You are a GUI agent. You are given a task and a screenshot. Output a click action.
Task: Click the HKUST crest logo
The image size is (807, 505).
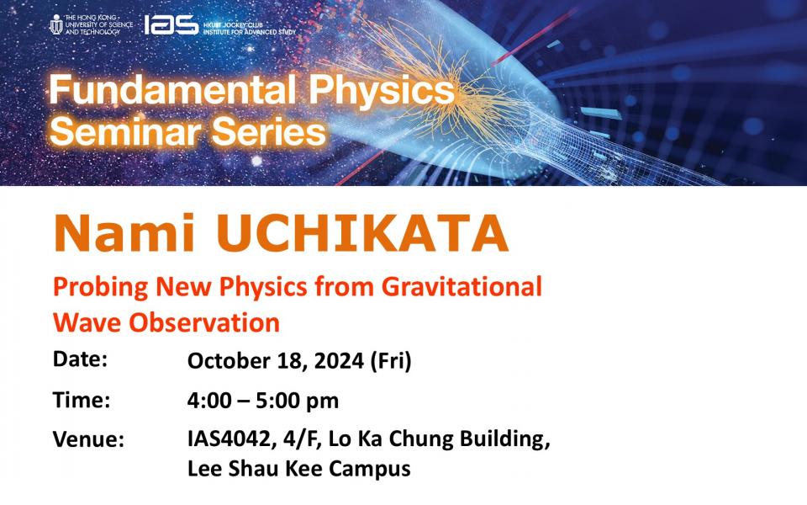56,24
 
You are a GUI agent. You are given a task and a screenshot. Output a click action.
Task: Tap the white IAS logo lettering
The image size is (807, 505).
171,24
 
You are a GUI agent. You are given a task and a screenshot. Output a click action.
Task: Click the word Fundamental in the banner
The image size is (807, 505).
172,90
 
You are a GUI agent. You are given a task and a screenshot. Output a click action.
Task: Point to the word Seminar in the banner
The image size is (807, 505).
125,131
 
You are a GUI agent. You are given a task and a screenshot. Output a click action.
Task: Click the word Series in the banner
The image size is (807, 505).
269,131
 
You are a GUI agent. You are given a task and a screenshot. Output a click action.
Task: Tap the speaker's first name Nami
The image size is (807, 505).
124,232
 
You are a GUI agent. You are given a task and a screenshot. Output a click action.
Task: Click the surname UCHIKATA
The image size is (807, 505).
362,232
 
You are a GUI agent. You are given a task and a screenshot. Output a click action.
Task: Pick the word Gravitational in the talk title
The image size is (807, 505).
462,286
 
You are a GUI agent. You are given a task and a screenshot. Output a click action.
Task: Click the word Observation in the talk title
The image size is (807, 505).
204,322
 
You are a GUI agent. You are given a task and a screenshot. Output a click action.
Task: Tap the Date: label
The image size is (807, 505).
81,359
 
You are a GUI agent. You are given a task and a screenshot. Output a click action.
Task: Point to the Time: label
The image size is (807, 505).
82,399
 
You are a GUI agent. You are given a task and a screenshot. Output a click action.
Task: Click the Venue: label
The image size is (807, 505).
88,439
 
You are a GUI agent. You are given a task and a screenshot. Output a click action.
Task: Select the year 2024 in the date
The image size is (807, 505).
339,360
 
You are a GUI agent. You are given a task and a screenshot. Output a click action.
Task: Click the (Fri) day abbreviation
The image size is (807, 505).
391,360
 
